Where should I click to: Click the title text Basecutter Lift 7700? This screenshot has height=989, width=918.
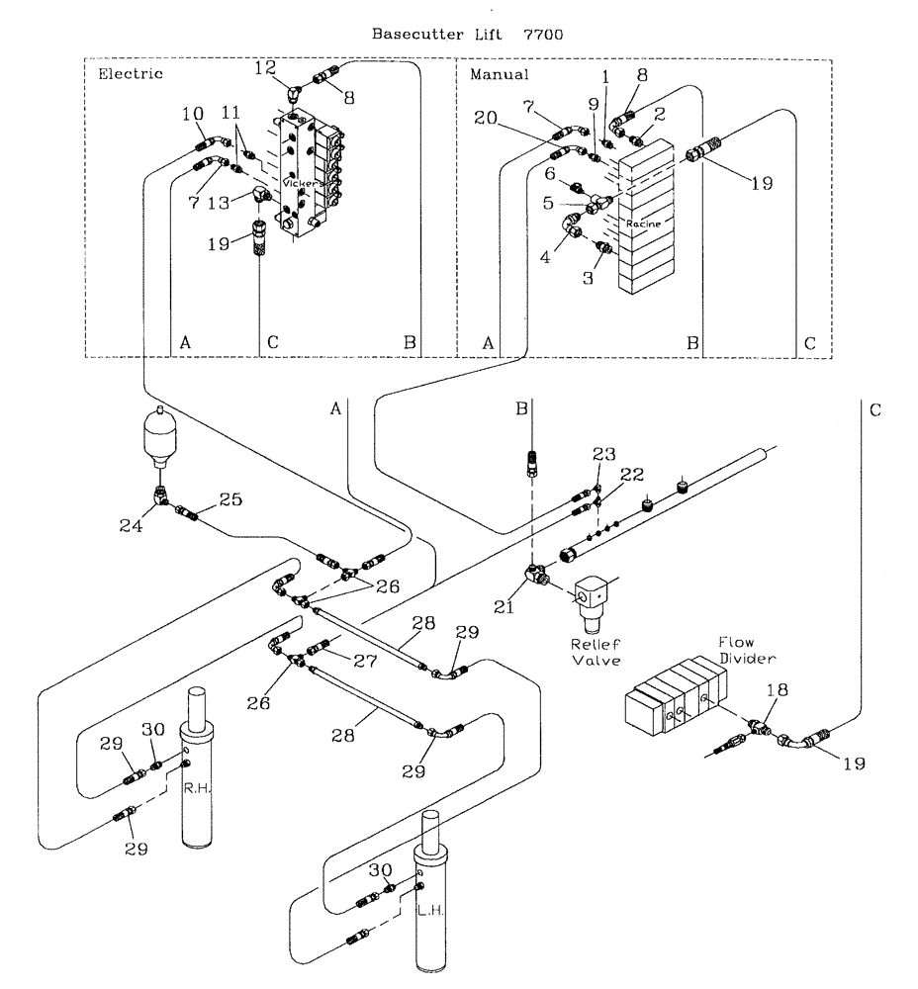[x=467, y=34]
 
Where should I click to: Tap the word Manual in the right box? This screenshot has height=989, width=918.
[x=500, y=74]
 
